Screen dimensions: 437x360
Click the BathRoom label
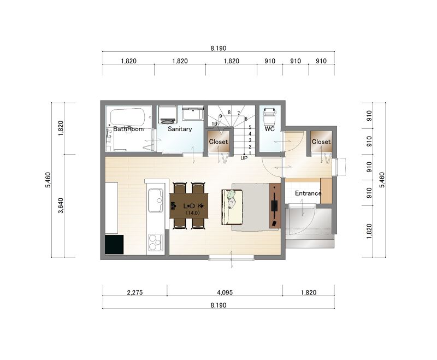[x=128, y=129]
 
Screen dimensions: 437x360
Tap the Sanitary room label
[x=180, y=129]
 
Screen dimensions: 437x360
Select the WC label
[x=269, y=129]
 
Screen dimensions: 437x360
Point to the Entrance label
[x=308, y=193]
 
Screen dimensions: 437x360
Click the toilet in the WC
[x=269, y=116]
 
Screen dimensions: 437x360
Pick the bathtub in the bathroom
[x=128, y=117]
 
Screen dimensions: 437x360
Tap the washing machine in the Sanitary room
[x=168, y=114]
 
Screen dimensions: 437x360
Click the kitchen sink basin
[x=156, y=200]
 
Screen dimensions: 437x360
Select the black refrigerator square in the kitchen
[x=114, y=244]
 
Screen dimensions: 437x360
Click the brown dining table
[x=189, y=205]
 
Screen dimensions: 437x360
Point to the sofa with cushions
[x=233, y=206]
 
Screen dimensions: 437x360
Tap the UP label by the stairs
[x=244, y=158]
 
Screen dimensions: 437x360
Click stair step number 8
[x=229, y=113]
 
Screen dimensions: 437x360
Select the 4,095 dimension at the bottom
[x=225, y=292]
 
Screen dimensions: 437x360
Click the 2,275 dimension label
[x=134, y=292]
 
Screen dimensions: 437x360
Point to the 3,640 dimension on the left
[x=61, y=205]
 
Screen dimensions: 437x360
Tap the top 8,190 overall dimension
[x=218, y=48]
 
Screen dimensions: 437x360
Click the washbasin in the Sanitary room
[x=193, y=114]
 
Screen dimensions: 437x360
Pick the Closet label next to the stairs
[x=218, y=141]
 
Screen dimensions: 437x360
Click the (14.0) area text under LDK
[x=193, y=213]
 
